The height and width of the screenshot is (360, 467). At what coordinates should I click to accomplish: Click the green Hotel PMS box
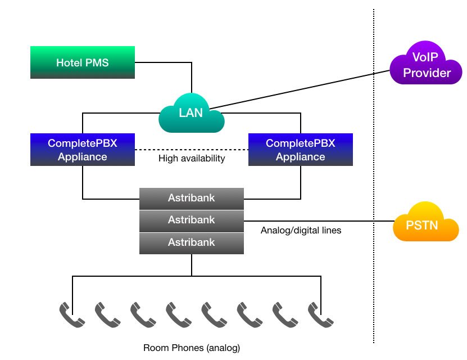tap(82, 62)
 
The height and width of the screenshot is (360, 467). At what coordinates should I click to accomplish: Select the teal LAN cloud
tap(191, 112)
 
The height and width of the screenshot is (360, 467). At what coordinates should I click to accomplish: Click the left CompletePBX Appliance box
tap(82, 150)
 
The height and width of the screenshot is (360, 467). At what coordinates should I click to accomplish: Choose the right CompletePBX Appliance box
tap(301, 150)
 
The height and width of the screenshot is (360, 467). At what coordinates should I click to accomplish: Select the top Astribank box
tap(191, 197)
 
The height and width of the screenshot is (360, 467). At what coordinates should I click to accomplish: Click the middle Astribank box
tap(191, 220)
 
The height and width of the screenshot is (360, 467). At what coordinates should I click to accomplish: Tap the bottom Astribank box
tap(191, 242)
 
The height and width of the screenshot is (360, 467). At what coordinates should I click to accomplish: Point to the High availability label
tap(192, 159)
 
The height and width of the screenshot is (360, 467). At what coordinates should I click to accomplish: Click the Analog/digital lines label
tap(301, 231)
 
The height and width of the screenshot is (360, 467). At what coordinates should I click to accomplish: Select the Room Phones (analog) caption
tap(192, 348)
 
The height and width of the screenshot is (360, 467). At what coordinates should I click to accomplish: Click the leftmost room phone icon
tap(72, 315)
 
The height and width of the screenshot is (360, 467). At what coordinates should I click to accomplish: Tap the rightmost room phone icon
tap(321, 315)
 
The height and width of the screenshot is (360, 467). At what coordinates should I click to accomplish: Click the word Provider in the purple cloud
tap(427, 73)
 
